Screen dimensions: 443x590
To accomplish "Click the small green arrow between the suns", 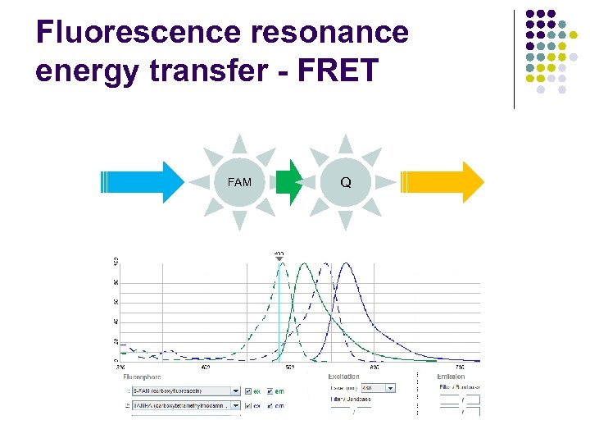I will click(289, 182).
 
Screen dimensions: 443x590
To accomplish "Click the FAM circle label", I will click(239, 182).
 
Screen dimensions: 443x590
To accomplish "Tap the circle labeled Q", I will click(346, 182).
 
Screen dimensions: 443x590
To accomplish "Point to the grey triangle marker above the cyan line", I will click(279, 258).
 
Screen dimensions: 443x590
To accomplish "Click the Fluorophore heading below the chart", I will click(143, 377).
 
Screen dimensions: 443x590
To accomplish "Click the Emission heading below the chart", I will click(451, 377).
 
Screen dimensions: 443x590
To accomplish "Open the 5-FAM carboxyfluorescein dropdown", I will click(237, 390).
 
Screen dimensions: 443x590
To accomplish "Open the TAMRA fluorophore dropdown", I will click(237, 404).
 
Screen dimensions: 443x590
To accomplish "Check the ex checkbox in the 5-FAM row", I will click(248, 390).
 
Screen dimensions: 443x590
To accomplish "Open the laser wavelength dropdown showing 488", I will click(390, 388).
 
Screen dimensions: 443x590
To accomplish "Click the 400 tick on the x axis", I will click(205, 367).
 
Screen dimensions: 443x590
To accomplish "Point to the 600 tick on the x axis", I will click(374, 367).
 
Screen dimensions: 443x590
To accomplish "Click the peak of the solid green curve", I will click(305, 263).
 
